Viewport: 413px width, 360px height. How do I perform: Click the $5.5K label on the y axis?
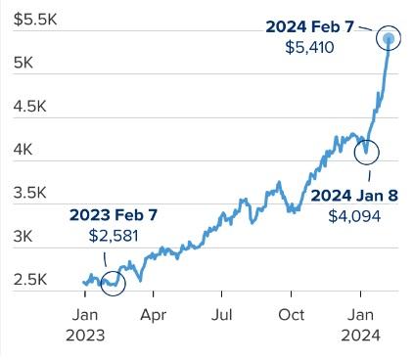35,20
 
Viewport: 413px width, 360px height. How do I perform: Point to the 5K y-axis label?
23,63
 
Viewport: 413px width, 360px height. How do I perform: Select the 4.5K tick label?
30,107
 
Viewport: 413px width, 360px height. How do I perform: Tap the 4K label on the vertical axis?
23,150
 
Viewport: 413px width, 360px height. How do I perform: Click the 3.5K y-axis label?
30,193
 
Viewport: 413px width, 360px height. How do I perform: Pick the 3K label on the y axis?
23,237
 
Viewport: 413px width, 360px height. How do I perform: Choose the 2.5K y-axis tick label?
30,280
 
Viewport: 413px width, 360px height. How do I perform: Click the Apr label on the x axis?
154,316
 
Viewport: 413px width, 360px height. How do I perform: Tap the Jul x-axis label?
222,315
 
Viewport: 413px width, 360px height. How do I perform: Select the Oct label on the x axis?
292,315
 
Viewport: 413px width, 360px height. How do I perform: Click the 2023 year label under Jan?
85,336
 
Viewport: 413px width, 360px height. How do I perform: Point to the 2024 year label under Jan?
361,336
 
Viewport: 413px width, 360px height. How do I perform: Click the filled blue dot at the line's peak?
389,38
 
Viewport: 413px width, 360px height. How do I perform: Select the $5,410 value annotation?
309,48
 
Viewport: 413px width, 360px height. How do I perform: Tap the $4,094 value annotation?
354,216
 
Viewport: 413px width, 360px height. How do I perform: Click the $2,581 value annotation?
114,236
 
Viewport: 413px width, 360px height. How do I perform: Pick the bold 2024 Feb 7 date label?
310,27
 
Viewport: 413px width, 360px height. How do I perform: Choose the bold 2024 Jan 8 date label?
354,196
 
